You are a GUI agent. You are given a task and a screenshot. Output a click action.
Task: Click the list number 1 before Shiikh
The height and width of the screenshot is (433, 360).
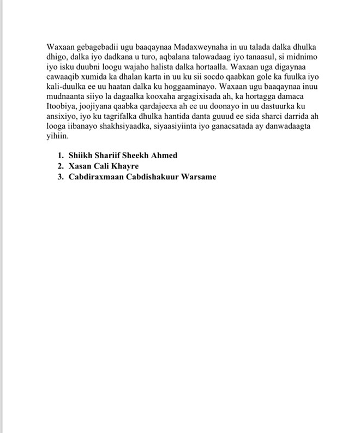[x=60, y=155]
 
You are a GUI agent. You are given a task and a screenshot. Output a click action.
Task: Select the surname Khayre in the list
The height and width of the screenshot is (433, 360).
[x=124, y=166]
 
